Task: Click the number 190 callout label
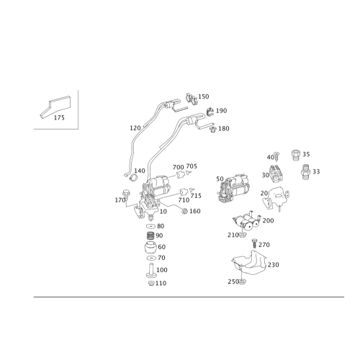[x=222, y=110]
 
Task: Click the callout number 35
[x=316, y=171]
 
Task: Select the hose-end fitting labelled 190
[x=209, y=112]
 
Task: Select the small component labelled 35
[x=306, y=171]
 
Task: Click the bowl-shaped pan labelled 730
[x=248, y=264]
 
